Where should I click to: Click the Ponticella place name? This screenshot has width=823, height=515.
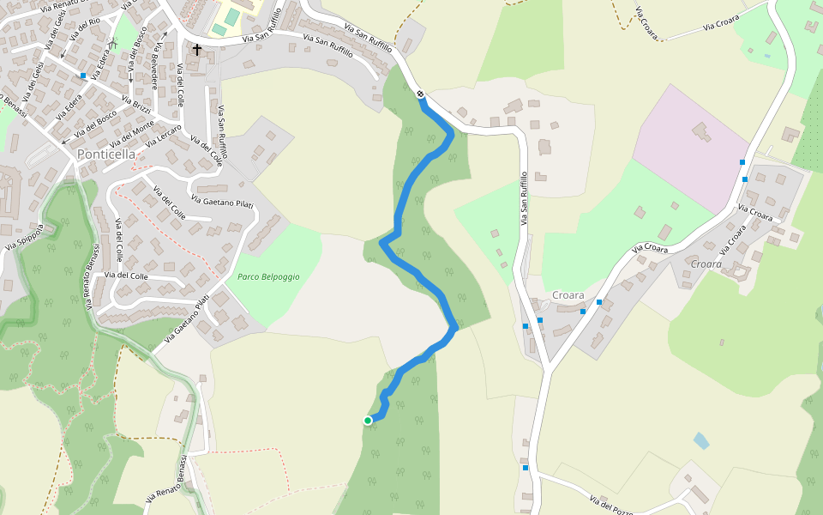[x=106, y=154]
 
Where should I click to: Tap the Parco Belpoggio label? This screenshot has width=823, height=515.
[x=268, y=277]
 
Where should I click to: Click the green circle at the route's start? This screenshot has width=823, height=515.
[x=368, y=421]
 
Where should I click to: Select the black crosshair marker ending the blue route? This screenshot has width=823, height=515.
[x=421, y=94]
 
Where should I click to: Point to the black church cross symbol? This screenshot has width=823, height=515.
[x=197, y=50]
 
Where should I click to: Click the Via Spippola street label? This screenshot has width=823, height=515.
[x=23, y=237]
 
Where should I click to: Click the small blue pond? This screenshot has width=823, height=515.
[x=701, y=441]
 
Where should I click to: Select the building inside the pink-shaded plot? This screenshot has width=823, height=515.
[x=701, y=132]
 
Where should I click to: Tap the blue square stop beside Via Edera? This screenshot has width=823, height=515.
[x=83, y=76]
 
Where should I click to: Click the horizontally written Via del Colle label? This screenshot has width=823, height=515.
[x=127, y=276]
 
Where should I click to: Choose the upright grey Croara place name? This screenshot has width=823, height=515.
[x=568, y=295]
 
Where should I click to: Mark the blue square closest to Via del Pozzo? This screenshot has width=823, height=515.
[x=525, y=468]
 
